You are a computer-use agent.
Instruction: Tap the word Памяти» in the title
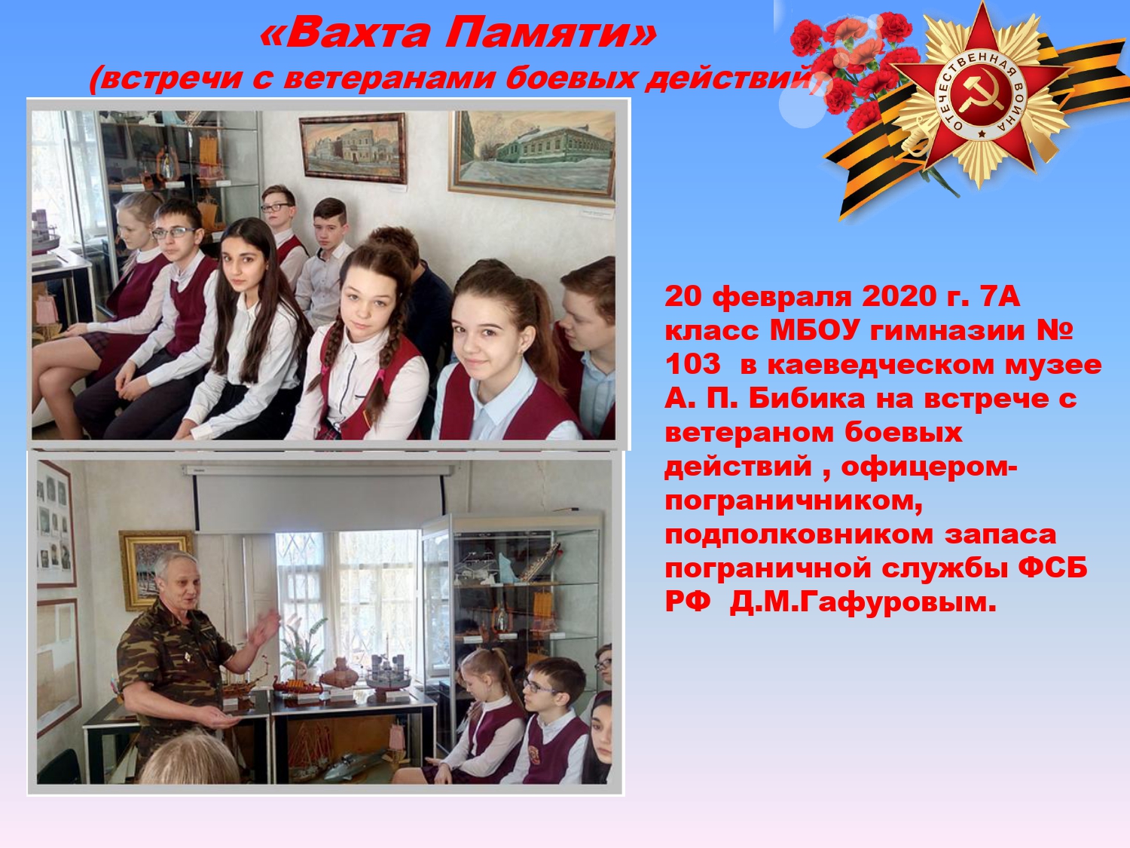click(x=551, y=33)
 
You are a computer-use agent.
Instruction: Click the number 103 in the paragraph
click(x=692, y=364)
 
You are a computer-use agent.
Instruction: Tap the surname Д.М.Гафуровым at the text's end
click(x=863, y=602)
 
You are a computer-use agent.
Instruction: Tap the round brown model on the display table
click(x=339, y=672)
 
